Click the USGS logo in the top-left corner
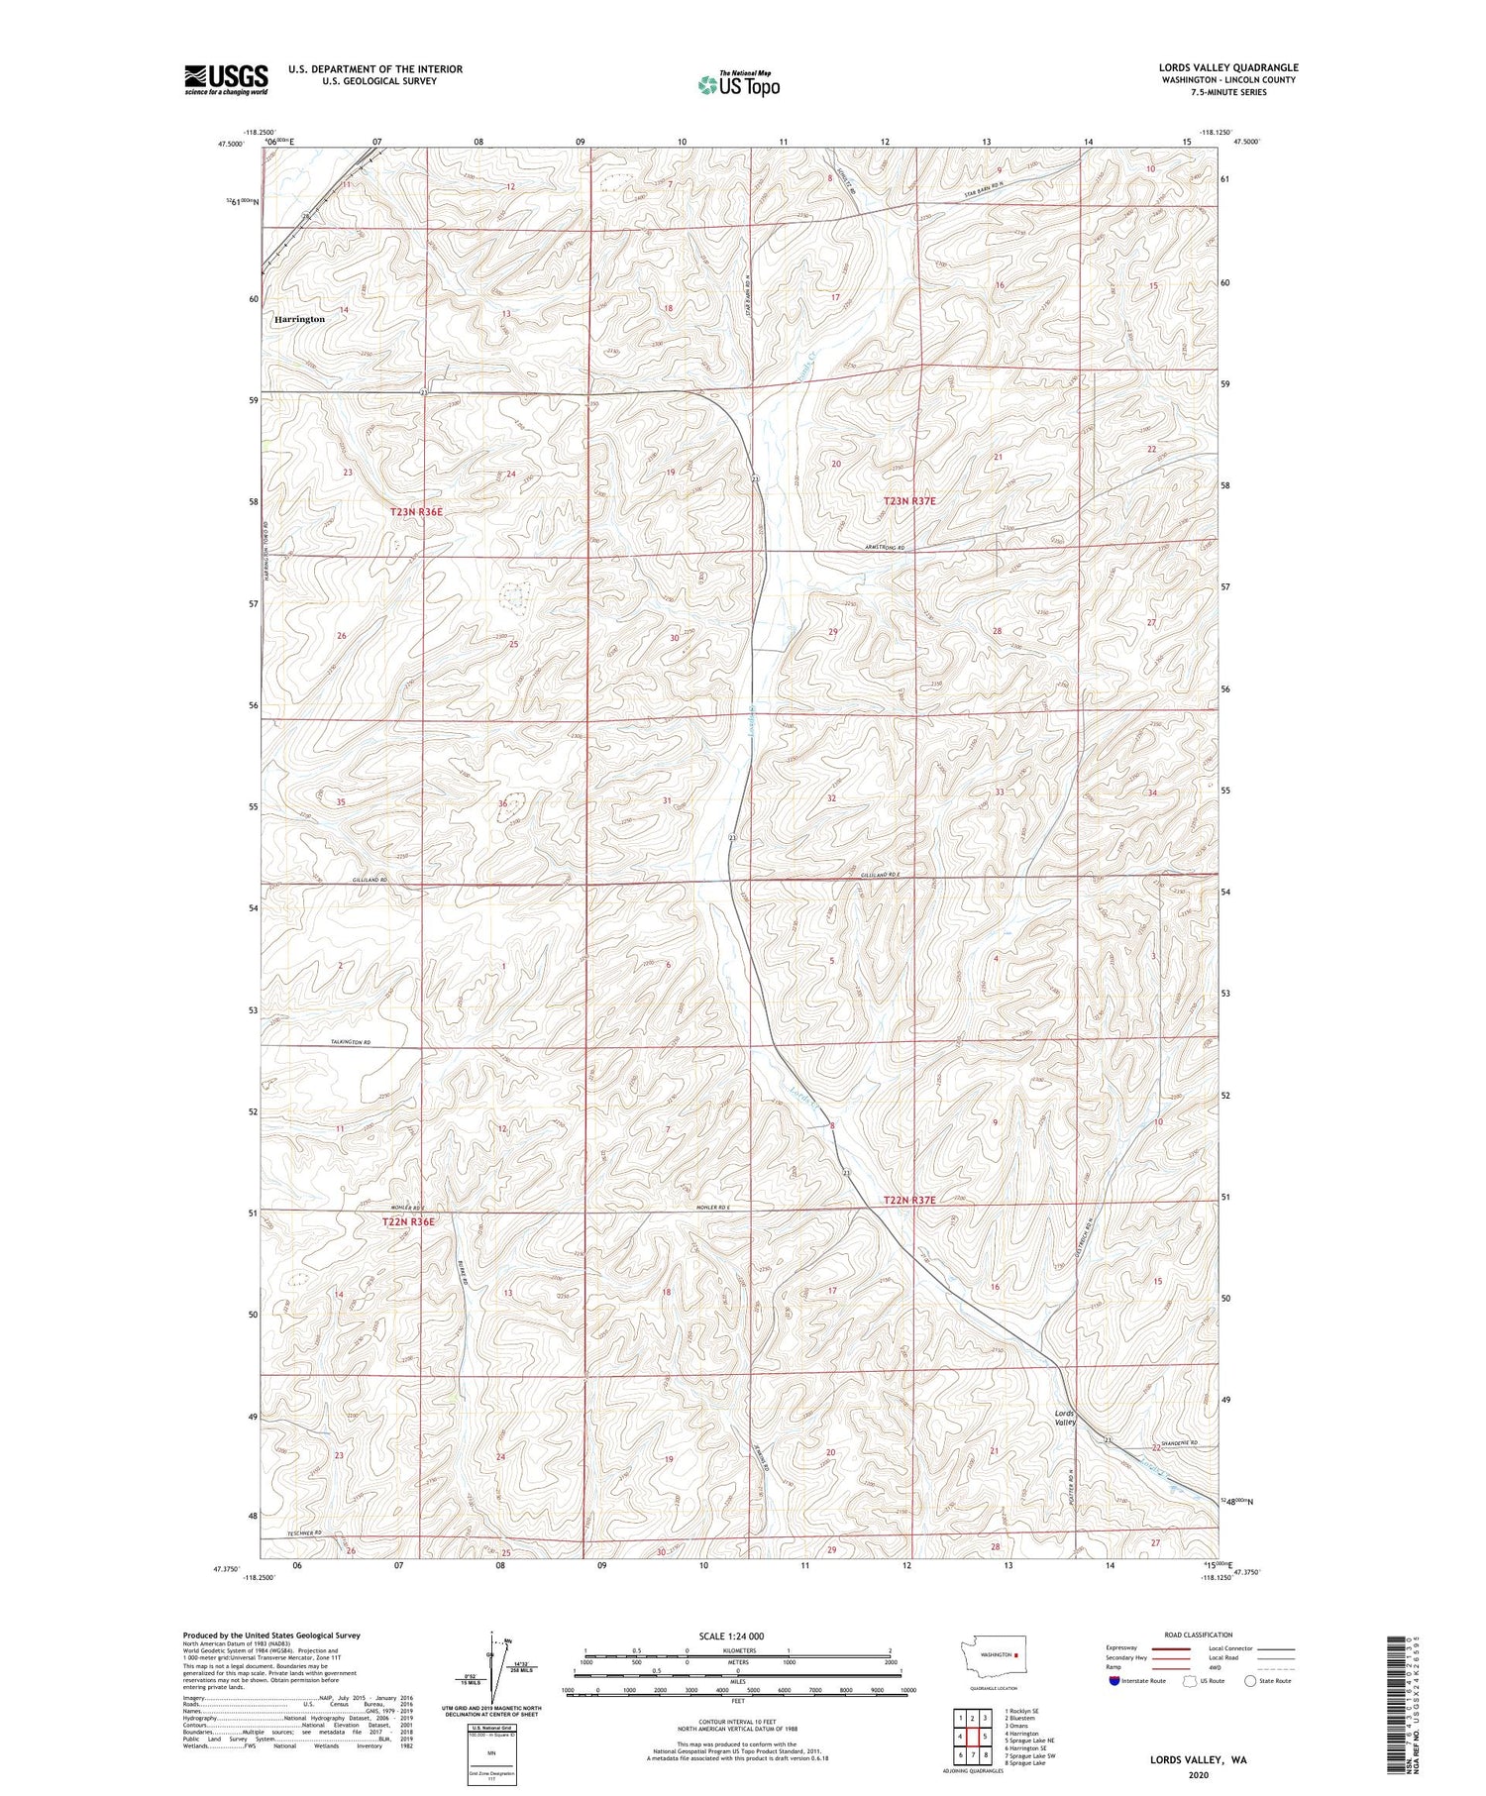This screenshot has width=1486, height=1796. coord(226,79)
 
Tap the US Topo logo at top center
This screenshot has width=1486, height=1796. coord(738,85)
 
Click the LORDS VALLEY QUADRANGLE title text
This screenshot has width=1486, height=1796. coord(1228,67)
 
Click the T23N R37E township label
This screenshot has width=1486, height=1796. coord(908,502)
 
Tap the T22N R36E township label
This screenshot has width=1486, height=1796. coord(408,1222)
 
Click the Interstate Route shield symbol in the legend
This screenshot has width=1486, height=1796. coord(1114,1681)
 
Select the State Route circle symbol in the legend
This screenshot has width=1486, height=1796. coord(1250,1680)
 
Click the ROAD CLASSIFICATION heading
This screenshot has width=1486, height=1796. coord(1199,1635)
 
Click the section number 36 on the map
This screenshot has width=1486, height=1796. coord(502,803)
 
